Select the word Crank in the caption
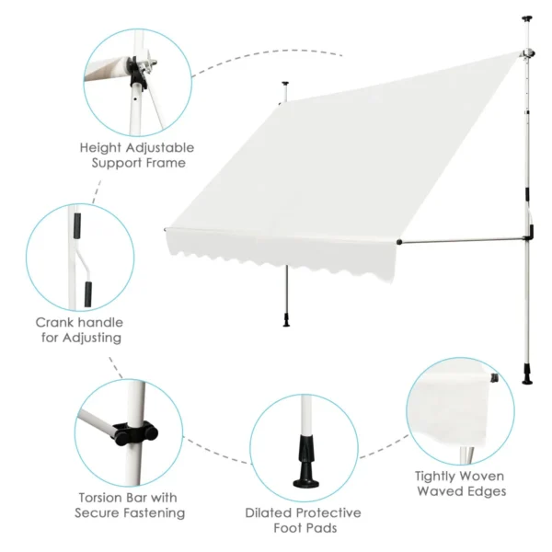click(55, 323)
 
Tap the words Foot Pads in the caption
click(303, 529)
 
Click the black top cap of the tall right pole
click(527, 18)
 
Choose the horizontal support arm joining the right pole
click(460, 241)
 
